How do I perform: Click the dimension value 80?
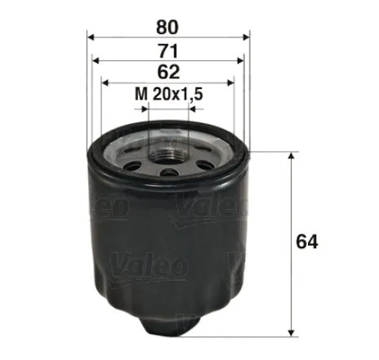(x=167, y=24)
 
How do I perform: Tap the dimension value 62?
(x=167, y=71)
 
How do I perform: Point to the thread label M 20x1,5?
(x=167, y=95)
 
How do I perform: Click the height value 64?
(x=307, y=242)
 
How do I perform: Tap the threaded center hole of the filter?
(x=167, y=149)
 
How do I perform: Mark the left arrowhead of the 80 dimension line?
(x=91, y=37)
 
